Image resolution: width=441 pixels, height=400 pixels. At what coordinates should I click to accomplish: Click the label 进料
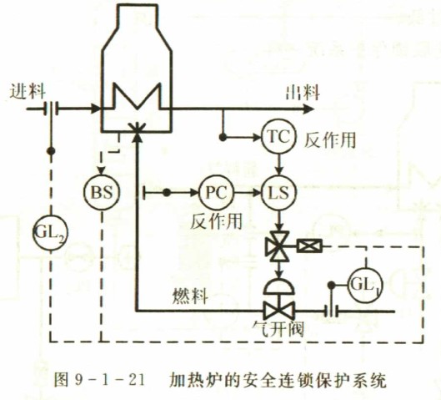(28, 91)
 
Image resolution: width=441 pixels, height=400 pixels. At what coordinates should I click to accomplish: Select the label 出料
(303, 93)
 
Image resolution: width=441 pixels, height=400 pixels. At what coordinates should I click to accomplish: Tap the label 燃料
(190, 296)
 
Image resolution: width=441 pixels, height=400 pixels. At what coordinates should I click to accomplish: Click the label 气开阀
(278, 328)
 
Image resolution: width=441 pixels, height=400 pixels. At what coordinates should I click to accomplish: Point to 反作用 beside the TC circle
(330, 140)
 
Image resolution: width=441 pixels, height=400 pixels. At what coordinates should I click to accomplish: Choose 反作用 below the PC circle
(216, 221)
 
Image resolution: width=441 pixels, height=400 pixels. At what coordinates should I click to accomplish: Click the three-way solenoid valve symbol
(278, 246)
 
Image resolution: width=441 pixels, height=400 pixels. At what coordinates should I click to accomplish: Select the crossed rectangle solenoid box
(310, 246)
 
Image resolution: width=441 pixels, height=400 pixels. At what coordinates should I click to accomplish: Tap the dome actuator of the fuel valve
(279, 286)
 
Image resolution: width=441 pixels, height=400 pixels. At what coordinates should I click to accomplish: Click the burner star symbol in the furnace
(137, 128)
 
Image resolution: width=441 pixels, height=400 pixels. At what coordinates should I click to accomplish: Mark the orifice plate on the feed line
(52, 109)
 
